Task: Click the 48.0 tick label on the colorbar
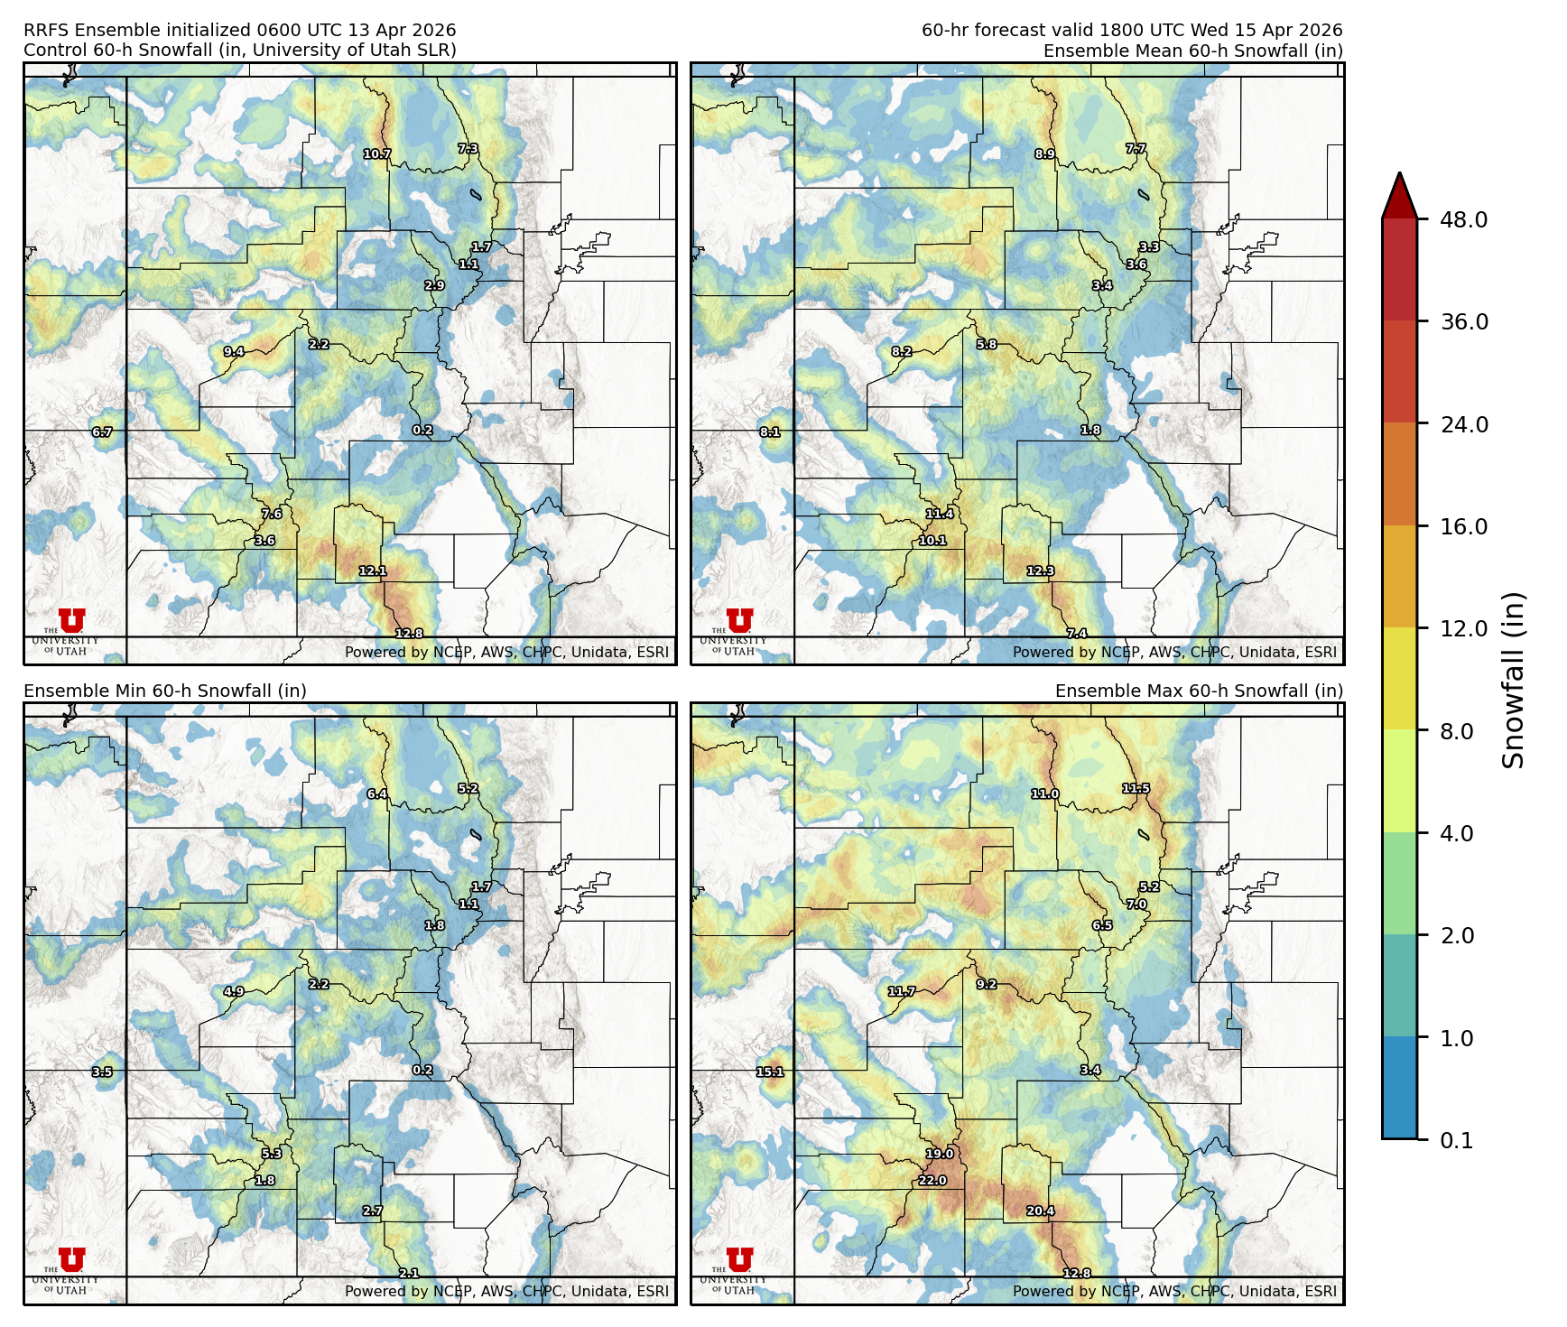point(1463,219)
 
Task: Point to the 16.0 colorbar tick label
point(1463,526)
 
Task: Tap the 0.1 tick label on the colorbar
point(1456,1141)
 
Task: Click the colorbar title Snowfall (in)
point(1514,680)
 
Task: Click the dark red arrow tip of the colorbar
point(1399,191)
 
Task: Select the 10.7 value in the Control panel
point(377,154)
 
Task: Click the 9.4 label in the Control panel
point(234,352)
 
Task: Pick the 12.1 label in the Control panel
point(372,571)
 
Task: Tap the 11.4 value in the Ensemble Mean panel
point(940,515)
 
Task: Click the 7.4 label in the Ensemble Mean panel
point(1077,635)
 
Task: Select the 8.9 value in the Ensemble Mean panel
point(1045,154)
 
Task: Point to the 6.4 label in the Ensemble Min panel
point(377,794)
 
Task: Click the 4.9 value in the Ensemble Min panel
point(234,992)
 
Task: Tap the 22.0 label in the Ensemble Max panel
point(932,1181)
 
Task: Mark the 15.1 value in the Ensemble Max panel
point(770,1072)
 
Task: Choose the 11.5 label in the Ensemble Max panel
point(1136,789)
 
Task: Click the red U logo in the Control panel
point(71,620)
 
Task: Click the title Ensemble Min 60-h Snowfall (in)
point(165,691)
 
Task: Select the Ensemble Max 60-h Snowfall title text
point(1199,691)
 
